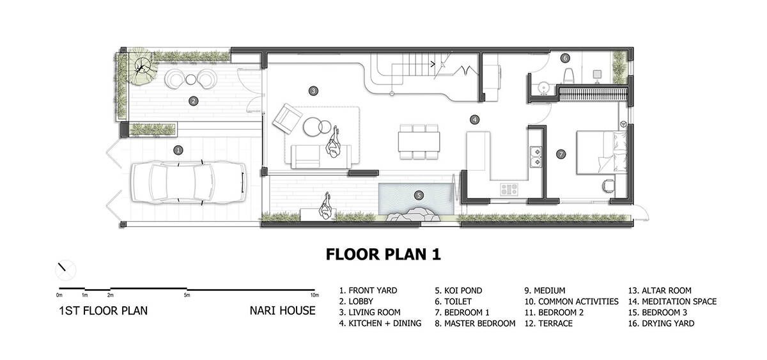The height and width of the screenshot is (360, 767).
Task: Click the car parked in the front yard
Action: click(x=189, y=183)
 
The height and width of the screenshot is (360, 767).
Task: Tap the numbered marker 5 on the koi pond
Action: click(x=419, y=196)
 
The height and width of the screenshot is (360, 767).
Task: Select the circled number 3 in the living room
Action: click(x=313, y=91)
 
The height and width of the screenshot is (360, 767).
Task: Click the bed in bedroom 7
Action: click(x=601, y=152)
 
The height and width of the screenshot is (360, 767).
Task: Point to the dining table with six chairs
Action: click(x=419, y=142)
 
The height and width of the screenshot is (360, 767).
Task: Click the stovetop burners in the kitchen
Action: click(x=509, y=189)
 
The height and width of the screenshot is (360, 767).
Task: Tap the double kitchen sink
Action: click(x=536, y=157)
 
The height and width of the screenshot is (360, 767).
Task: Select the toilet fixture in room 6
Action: click(x=569, y=75)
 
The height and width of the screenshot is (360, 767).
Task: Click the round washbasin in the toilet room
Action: click(x=543, y=88)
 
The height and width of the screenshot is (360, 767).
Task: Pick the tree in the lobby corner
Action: click(x=141, y=67)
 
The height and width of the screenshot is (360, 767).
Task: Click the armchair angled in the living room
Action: click(x=287, y=119)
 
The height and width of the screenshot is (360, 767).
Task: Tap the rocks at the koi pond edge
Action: click(x=413, y=214)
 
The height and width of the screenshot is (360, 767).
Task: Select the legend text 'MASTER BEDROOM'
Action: click(x=479, y=324)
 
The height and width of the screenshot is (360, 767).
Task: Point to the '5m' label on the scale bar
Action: click(x=187, y=295)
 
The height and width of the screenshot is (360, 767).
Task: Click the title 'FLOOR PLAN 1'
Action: click(x=383, y=254)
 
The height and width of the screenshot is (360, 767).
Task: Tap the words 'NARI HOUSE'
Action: click(x=283, y=311)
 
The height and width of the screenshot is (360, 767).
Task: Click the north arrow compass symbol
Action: click(x=65, y=270)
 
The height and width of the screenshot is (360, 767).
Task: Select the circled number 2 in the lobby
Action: click(x=194, y=101)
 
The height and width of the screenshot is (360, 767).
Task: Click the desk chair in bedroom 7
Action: click(x=608, y=185)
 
